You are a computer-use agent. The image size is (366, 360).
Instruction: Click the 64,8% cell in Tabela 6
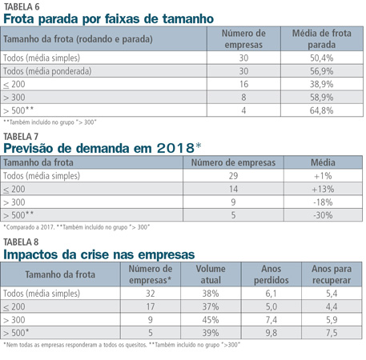coord(321,110)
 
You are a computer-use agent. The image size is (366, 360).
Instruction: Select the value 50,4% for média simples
coord(321,58)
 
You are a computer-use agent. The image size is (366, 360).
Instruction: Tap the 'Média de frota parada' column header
coord(321,39)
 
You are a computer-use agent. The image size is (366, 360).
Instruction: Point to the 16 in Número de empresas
coord(243,84)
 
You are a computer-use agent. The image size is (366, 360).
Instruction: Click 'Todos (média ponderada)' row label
coord(47,71)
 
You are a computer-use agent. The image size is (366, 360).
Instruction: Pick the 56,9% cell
coord(321,71)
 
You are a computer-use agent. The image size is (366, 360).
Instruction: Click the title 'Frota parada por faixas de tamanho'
coord(108,19)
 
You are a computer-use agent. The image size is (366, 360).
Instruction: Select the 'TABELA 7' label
coord(21,137)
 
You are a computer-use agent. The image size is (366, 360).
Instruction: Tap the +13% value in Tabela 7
coord(323,189)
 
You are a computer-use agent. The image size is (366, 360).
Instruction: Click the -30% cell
coord(323,215)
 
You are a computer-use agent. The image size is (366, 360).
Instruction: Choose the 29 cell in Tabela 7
coord(233,176)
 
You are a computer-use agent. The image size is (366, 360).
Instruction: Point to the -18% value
coord(323,202)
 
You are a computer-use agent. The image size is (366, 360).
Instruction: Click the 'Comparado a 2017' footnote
coord(29,227)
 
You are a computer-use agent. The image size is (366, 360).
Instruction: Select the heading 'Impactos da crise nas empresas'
coord(99,254)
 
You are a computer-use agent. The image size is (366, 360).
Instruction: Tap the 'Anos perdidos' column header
coord(271,274)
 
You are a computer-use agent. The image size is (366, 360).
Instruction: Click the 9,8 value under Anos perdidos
coord(271,333)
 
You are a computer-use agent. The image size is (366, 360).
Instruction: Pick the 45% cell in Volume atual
coord(211,320)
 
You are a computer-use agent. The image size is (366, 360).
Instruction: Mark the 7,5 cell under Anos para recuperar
coord(332,333)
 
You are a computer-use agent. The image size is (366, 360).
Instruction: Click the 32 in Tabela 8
coord(151,294)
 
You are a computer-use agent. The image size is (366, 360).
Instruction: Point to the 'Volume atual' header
coord(211,274)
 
